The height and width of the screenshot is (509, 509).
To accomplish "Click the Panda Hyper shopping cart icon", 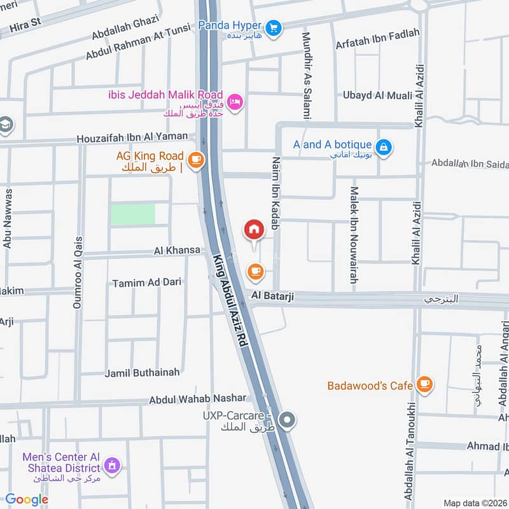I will click(274, 27).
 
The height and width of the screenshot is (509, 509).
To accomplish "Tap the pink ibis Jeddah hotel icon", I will click(235, 102).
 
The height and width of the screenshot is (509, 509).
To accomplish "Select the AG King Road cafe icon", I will click(196, 160).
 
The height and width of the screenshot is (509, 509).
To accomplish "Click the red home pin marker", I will click(254, 230).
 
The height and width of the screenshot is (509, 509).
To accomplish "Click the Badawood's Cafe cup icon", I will click(425, 384).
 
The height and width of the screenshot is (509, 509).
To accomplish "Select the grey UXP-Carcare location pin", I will click(288, 419).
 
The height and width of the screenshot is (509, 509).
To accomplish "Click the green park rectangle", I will click(133, 214).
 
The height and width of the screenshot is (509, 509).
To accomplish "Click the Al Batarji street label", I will click(272, 296).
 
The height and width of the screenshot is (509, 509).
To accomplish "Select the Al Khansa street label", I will click(177, 251).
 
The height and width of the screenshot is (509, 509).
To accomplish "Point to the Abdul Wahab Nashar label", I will click(197, 398).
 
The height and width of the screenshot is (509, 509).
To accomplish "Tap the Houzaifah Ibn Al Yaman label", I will click(132, 137).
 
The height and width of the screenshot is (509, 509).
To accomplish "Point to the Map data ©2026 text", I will click(475, 503).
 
